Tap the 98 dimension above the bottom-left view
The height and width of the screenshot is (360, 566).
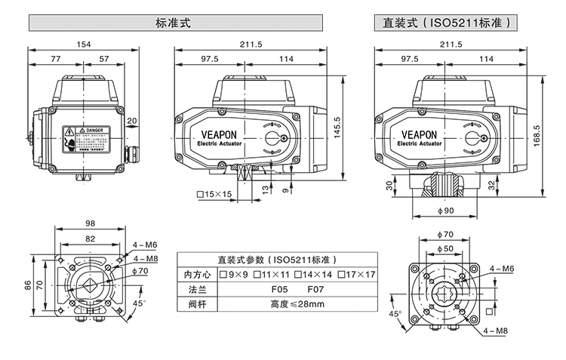89,223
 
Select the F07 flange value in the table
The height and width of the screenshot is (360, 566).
316,289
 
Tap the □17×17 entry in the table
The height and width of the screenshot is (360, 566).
356,274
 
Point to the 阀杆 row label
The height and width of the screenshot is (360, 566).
195,304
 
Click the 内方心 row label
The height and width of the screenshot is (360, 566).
195,274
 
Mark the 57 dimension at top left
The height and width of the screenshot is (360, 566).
103,59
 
